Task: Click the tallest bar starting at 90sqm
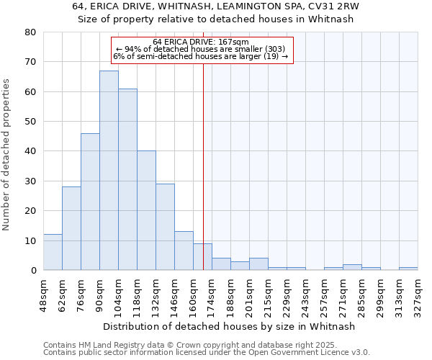click(109, 171)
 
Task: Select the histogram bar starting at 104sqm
click(127, 179)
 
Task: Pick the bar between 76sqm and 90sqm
click(90, 202)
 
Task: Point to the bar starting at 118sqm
click(146, 210)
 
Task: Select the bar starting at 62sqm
click(71, 228)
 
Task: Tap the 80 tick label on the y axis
click(31, 32)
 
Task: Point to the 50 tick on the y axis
click(31, 122)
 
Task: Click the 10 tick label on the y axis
click(31, 240)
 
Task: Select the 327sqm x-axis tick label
click(418, 294)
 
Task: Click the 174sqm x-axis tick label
click(212, 294)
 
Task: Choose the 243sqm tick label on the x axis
click(306, 294)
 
